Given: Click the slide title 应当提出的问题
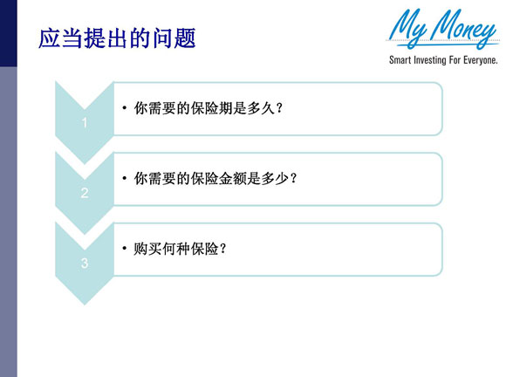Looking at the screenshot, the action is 117,38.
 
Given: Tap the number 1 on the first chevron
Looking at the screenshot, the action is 85,123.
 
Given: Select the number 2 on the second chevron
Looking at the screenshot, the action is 85,193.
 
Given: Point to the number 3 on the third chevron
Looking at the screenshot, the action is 85,264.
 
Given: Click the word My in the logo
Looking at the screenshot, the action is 407,28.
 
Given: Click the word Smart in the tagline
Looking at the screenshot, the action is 400,60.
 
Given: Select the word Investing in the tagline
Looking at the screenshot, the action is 429,60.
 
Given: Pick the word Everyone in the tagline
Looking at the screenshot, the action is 481,60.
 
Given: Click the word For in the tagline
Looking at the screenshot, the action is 455,60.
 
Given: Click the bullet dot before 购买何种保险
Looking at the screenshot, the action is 125,248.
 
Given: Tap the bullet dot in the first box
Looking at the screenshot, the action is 125,108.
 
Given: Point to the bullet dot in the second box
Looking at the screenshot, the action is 125,178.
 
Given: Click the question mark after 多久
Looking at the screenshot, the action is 279,108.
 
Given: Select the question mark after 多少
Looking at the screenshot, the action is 293,178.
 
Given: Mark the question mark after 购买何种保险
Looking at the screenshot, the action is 222,249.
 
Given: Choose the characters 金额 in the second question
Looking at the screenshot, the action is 233,178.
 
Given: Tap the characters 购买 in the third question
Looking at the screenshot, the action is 147,249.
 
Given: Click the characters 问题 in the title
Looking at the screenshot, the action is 174,38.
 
